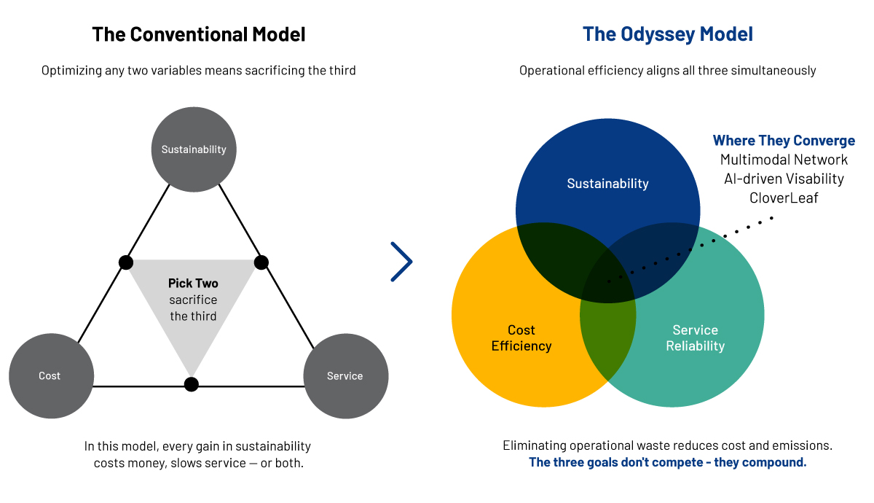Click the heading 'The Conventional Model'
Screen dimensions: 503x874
click(198, 34)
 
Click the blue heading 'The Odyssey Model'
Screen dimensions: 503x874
click(667, 34)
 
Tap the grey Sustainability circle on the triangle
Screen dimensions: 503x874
click(194, 149)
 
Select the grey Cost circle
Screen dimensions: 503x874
click(50, 376)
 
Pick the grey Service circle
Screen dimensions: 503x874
click(345, 376)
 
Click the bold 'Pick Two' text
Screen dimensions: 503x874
click(193, 284)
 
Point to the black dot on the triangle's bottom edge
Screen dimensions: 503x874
click(191, 384)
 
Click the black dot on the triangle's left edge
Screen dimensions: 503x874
click(126, 262)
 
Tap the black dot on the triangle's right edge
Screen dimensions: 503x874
click(261, 262)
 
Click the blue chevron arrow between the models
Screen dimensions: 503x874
click(402, 262)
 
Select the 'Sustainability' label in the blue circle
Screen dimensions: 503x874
click(607, 184)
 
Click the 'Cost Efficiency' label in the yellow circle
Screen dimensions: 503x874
click(521, 338)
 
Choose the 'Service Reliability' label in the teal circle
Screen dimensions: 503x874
click(695, 338)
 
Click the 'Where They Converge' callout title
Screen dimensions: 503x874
click(784, 141)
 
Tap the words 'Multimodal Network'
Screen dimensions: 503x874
click(784, 160)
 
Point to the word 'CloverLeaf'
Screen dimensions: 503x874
click(784, 198)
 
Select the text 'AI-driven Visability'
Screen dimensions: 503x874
click(784, 179)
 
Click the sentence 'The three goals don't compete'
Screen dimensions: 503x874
click(667, 462)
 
